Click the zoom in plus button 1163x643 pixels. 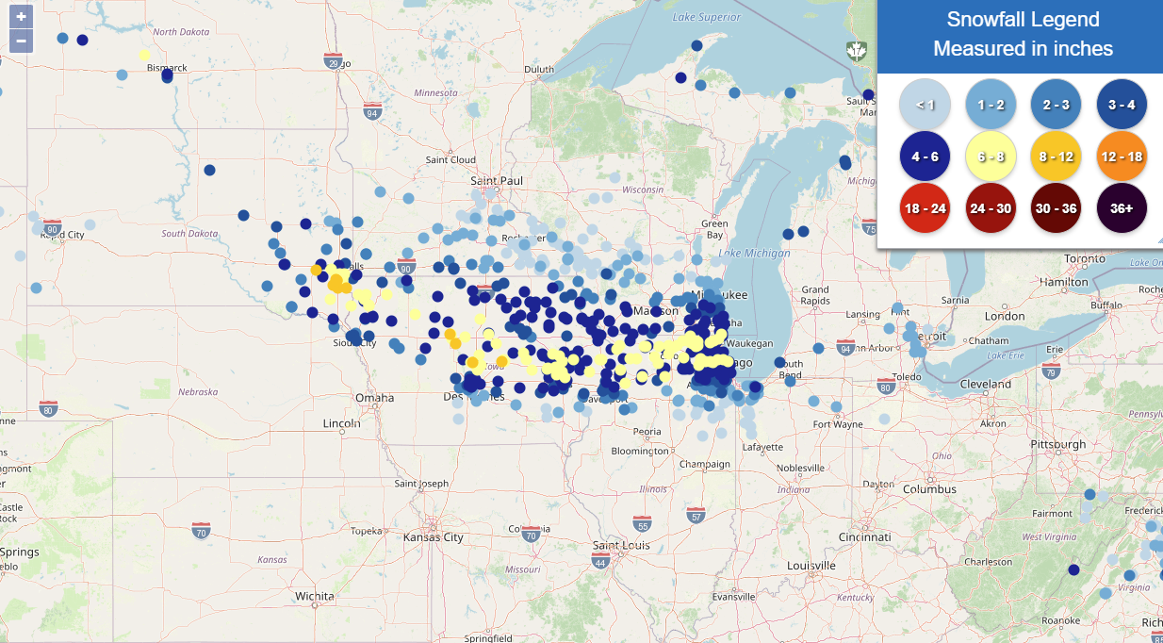[21, 17]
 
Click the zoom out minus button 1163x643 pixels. [21, 41]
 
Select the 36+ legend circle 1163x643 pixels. [1121, 208]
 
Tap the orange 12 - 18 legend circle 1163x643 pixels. [1121, 157]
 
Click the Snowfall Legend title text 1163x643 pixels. [1023, 20]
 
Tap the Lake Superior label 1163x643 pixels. [707, 17]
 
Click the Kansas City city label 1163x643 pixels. [434, 537]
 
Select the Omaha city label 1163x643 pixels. [374, 398]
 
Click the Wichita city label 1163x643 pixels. [314, 596]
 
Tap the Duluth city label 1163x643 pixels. [539, 69]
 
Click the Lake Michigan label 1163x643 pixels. [754, 253]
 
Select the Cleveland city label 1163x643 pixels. [985, 385]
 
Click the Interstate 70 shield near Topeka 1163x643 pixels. [201, 532]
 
